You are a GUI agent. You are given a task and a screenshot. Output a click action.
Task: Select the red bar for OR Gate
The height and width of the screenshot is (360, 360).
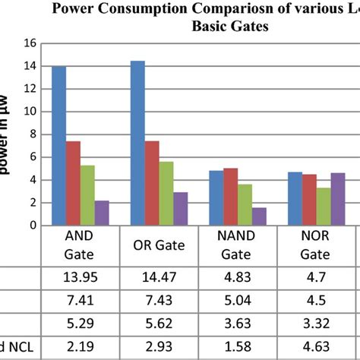coord(152,183)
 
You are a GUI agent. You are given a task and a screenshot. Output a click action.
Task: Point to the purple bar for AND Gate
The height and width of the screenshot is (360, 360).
coord(102,213)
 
